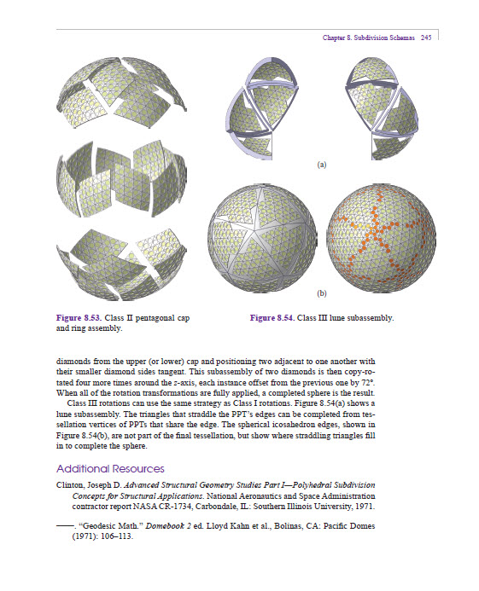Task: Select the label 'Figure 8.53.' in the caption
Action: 80,318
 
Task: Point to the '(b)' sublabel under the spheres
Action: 322,294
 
